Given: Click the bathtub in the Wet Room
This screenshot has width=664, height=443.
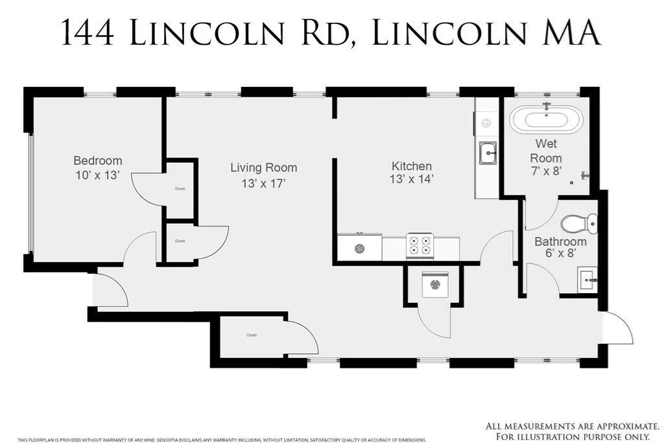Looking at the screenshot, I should [x=546, y=119].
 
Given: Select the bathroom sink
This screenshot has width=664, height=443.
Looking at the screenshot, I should [x=587, y=281].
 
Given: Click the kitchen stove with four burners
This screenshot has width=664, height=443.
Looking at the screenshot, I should [x=419, y=246].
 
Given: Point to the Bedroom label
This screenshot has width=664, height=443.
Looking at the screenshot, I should [x=97, y=161].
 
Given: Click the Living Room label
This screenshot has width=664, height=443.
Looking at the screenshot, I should [x=263, y=168].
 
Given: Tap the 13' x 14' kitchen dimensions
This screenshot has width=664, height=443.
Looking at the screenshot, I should [x=412, y=180].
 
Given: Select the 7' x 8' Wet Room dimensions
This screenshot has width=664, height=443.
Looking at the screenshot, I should [x=546, y=172].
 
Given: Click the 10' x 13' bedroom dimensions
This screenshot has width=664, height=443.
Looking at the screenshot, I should [x=97, y=175].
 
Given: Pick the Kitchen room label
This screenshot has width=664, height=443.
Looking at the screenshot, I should [x=412, y=166].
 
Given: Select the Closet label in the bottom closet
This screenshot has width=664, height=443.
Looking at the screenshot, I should [x=252, y=335].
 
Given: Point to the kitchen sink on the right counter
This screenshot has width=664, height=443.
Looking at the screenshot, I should [x=488, y=154].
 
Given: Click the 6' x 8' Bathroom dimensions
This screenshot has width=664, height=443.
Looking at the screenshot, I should [x=560, y=254].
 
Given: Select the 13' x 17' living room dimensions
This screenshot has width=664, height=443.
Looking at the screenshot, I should [x=263, y=183].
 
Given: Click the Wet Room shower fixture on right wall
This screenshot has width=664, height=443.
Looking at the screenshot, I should [x=586, y=174].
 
